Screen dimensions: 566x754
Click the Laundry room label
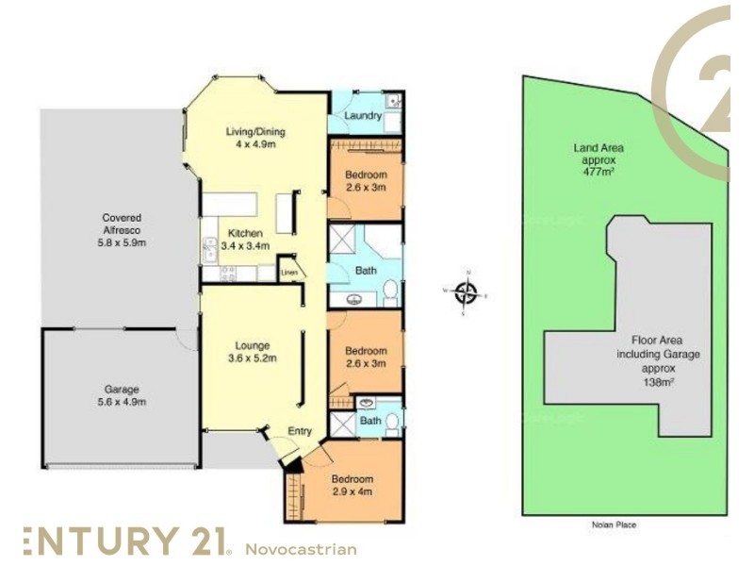click(363, 116)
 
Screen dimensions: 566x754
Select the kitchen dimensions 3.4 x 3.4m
click(245, 246)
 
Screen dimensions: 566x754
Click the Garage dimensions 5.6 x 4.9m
click(123, 402)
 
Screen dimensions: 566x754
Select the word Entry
click(300, 431)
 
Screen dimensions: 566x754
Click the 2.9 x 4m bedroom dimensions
click(352, 492)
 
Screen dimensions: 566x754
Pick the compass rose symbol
click(466, 292)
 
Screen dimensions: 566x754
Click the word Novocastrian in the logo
click(301, 548)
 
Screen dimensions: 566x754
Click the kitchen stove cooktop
click(227, 274)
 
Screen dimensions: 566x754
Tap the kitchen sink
click(208, 248)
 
